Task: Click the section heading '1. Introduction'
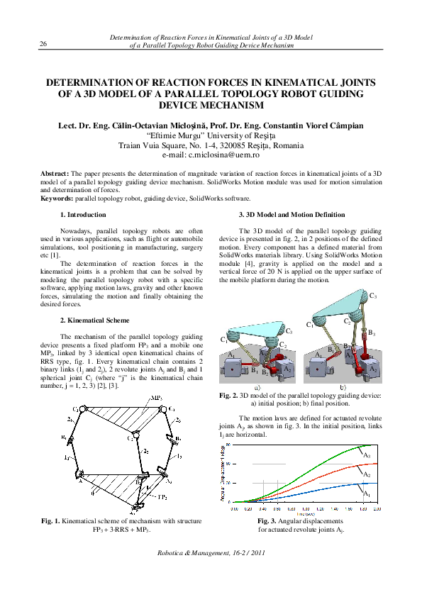83,214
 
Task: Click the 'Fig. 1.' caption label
51,521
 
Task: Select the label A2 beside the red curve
366,474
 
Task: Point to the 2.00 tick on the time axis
377,509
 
